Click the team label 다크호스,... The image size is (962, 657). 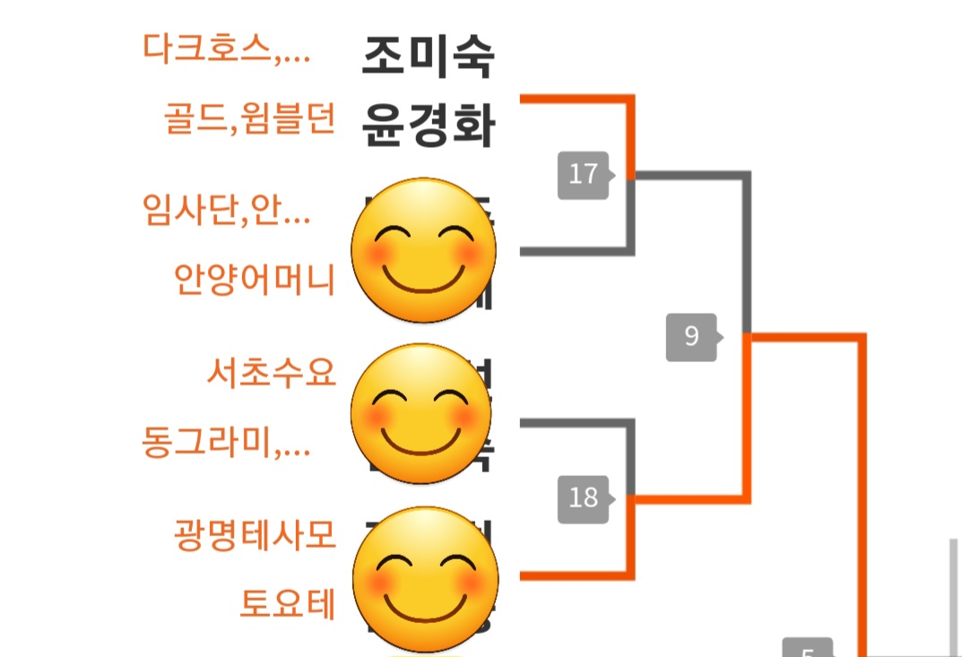pos(226,48)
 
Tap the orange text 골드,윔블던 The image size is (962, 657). pos(250,118)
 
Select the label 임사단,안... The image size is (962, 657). pos(226,211)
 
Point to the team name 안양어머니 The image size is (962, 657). pos(255,280)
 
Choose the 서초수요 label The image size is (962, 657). pos(271,371)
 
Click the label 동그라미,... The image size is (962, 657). pos(226,442)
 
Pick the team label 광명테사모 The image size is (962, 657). pos(255,534)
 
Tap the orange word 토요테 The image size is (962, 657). pos(287,604)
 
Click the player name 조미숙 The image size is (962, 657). pos(428,56)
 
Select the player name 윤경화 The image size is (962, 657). pos(428,126)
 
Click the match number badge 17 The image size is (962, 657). pos(584,174)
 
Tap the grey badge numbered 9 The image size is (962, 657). pos(691,336)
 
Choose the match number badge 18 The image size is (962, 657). pos(584,497)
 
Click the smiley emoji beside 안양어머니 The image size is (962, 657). pos(423,251)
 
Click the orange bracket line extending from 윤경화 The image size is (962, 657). pos(574,99)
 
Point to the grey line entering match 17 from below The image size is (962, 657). pos(574,252)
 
